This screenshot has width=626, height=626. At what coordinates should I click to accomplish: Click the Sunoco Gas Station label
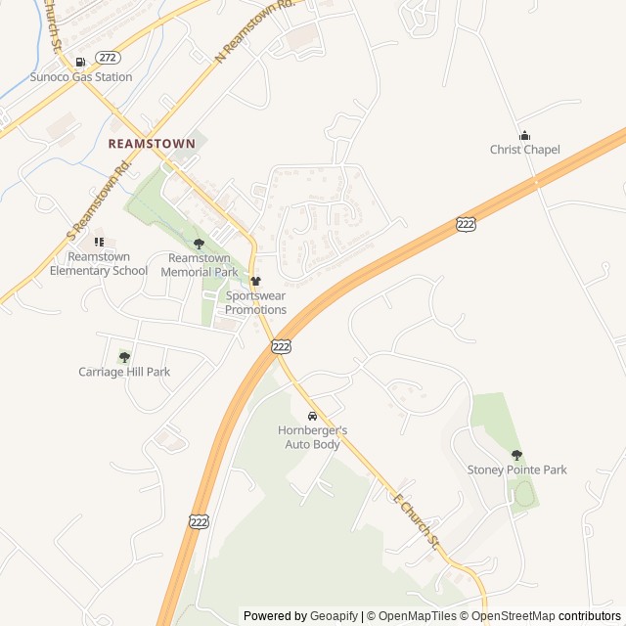(81, 76)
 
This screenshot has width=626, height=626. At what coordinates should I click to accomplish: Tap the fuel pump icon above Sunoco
(80, 62)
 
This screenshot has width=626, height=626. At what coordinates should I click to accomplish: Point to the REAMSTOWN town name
(152, 143)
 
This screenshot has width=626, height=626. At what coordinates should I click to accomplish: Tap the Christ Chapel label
(525, 150)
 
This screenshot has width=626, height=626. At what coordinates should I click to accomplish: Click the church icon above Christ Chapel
(524, 136)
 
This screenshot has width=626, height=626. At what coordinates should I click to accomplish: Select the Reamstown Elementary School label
(99, 264)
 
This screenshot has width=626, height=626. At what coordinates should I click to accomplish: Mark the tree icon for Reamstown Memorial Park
(200, 244)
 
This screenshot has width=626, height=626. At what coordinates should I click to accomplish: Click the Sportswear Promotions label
(256, 302)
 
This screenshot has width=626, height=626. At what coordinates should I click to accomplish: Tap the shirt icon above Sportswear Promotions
(256, 282)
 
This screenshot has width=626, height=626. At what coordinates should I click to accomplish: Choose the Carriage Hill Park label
(124, 372)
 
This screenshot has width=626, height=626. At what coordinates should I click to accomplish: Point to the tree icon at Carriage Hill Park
(124, 357)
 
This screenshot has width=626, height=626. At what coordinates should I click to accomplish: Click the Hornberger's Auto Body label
(312, 437)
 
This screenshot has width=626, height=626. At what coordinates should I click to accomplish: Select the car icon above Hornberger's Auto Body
(312, 417)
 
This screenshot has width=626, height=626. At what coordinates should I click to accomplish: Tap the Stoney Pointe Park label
(517, 469)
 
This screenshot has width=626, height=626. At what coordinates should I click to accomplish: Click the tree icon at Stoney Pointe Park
(516, 455)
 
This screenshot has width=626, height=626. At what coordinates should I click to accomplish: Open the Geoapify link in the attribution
(335, 616)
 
